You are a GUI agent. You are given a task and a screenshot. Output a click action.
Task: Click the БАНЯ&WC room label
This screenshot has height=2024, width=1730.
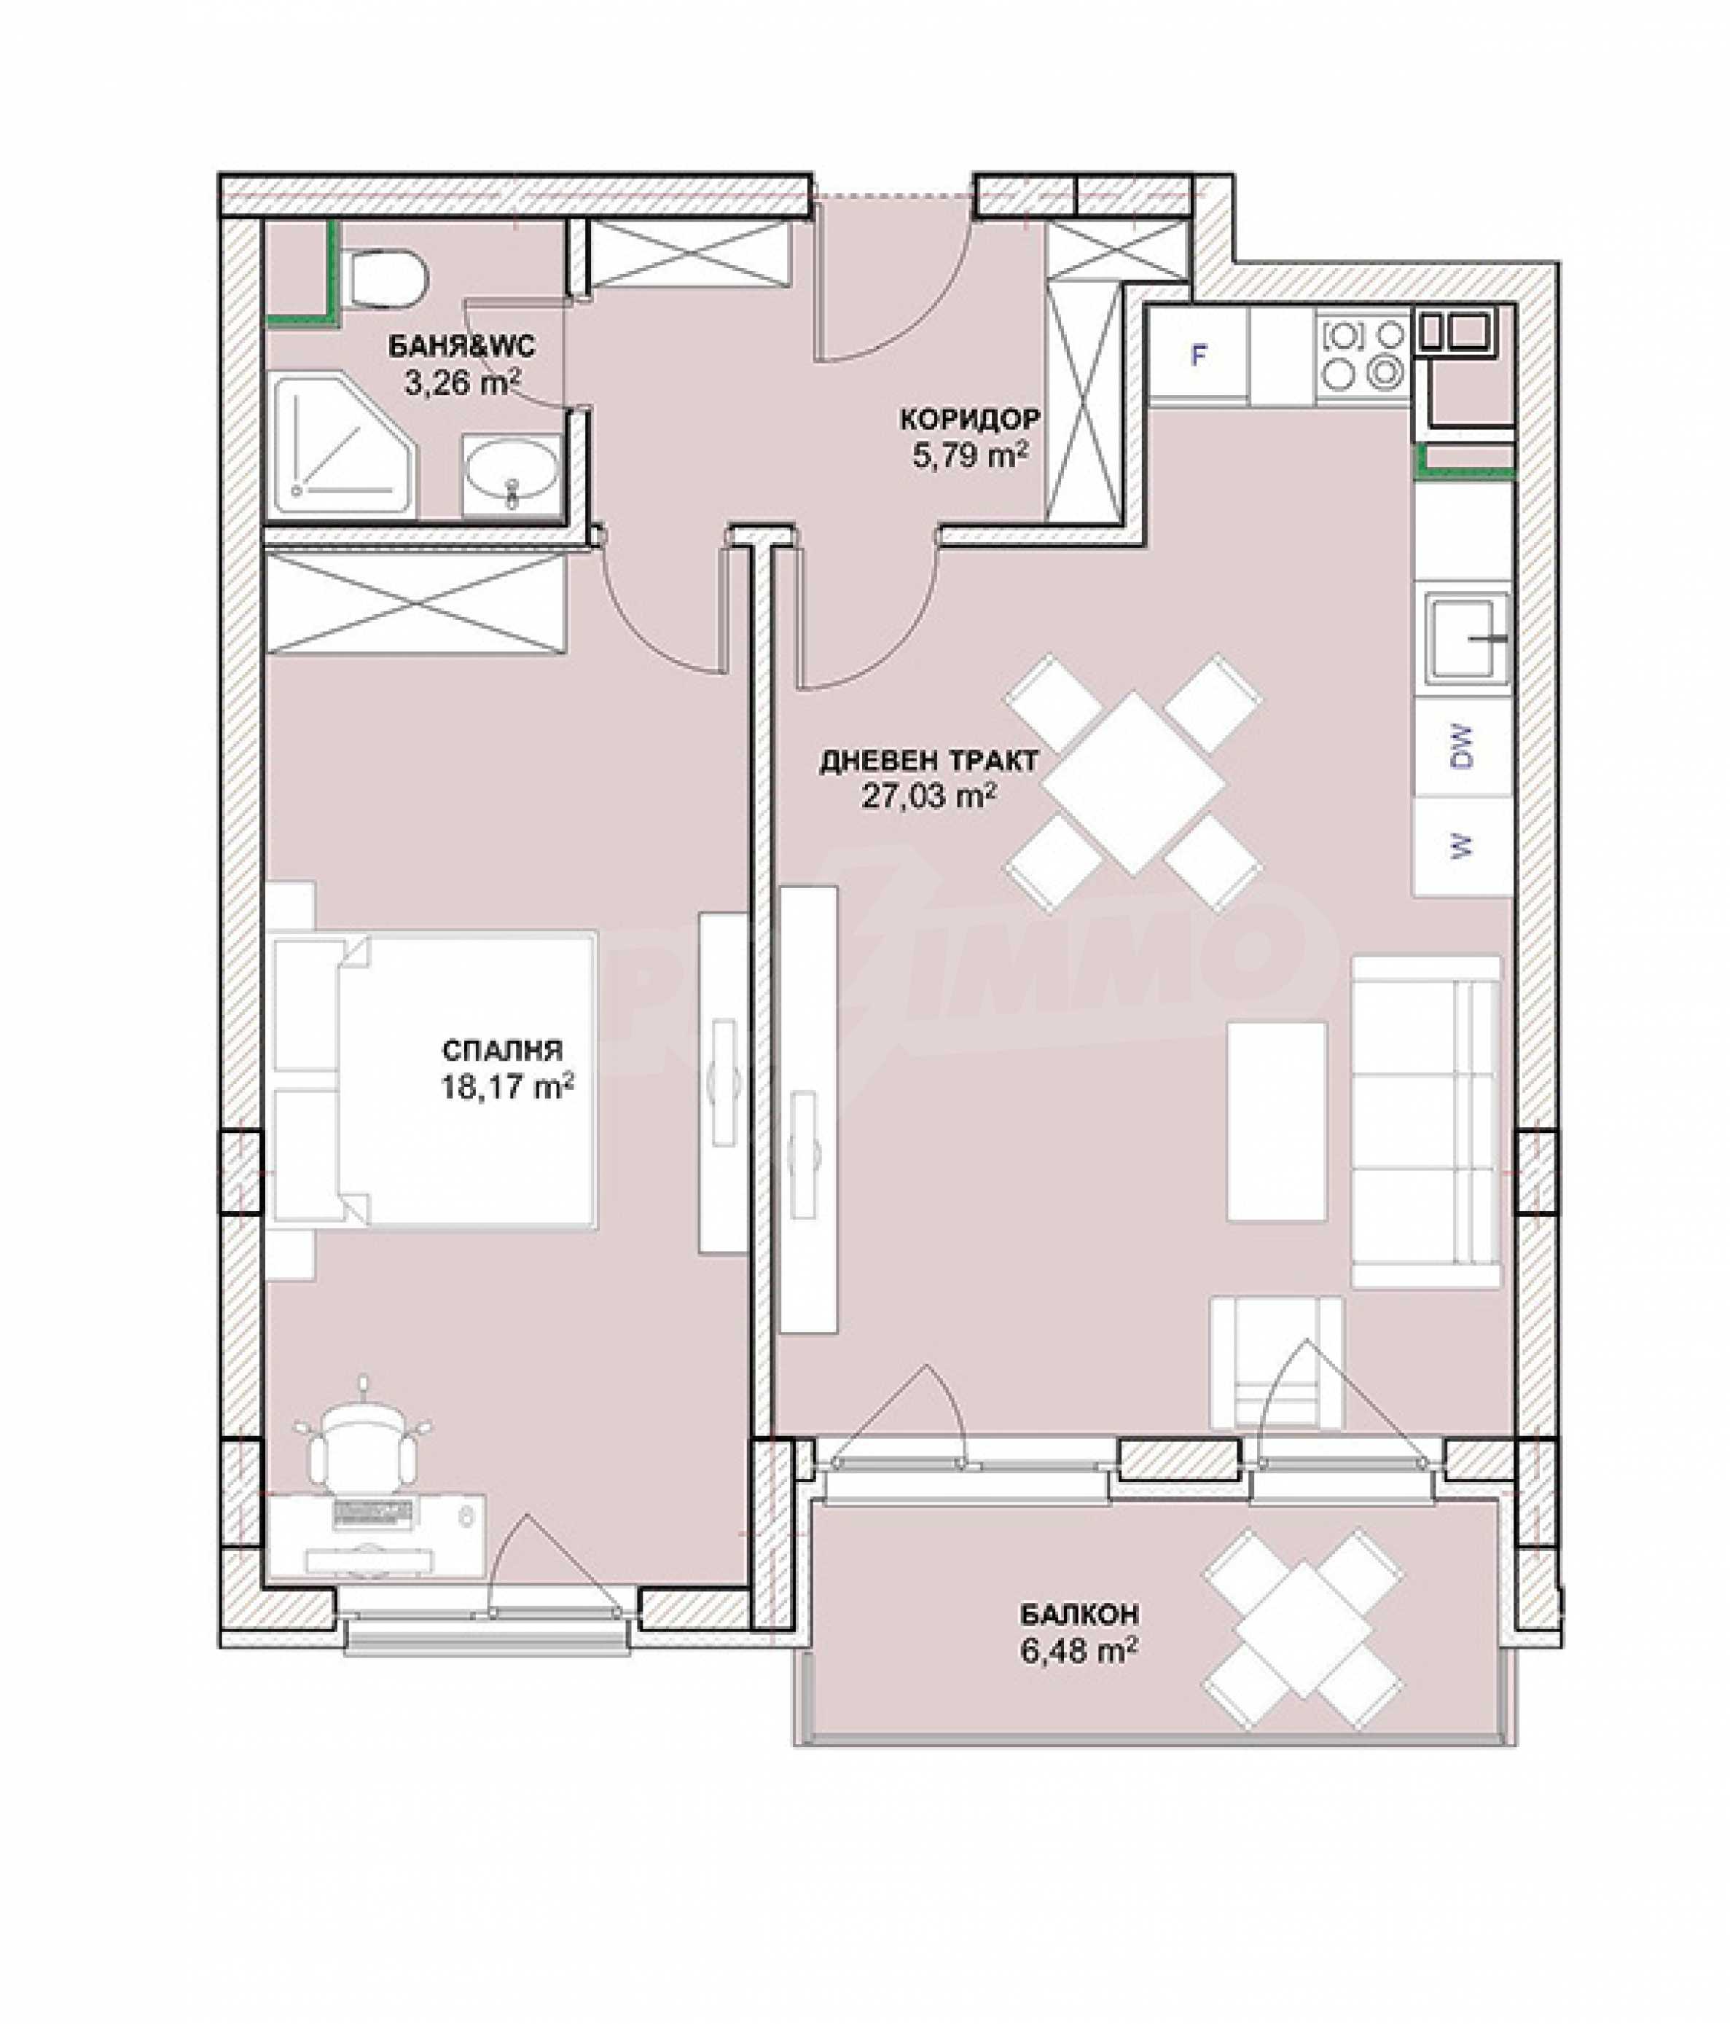(x=461, y=346)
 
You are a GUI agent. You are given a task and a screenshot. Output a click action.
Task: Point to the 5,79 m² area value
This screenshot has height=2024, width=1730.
(x=969, y=455)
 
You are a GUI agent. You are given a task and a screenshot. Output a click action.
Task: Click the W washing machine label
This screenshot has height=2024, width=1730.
(x=1463, y=847)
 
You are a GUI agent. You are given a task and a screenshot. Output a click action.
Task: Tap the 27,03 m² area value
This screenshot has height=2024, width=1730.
(x=929, y=797)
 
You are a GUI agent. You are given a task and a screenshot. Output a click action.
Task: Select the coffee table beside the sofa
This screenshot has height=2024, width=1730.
(x=1277, y=1121)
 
